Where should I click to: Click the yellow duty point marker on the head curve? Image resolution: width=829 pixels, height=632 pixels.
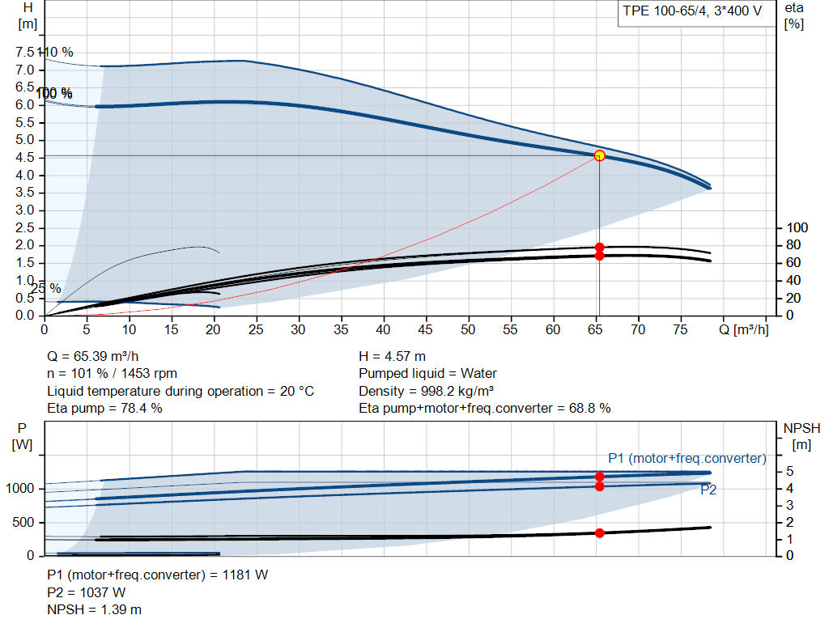(599, 155)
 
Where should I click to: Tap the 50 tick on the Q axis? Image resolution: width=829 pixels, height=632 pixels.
(468, 329)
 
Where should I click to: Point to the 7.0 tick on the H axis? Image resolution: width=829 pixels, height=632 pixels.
(26, 70)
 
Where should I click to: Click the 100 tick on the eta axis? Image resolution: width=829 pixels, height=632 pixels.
(798, 227)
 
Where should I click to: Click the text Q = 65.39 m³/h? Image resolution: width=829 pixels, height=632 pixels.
(98, 356)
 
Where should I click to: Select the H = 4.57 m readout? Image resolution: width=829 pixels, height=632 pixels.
(392, 356)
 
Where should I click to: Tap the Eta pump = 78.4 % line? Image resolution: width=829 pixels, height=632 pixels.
(104, 409)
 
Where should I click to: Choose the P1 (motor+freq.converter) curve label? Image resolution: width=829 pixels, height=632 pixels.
(687, 459)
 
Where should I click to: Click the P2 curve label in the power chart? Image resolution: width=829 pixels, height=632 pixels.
(708, 490)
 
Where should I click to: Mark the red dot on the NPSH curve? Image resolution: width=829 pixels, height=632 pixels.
(600, 532)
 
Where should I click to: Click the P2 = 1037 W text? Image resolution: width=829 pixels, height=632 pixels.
(87, 592)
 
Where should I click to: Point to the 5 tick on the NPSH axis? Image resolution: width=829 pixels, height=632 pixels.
(789, 471)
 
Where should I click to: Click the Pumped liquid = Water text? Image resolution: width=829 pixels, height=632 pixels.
(427, 374)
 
